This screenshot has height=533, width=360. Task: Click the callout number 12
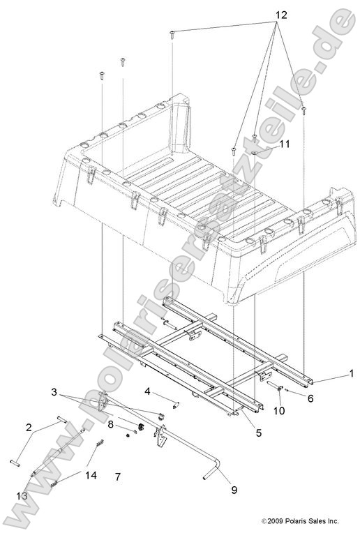coord(282,15)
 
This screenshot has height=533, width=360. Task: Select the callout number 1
coord(351,373)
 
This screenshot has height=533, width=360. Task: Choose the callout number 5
coord(258,433)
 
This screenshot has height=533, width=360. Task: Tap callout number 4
coord(147,391)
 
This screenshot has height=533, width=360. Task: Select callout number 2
coord(29,428)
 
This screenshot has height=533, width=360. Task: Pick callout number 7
coord(118,476)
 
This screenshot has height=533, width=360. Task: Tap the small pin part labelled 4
coord(175,404)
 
